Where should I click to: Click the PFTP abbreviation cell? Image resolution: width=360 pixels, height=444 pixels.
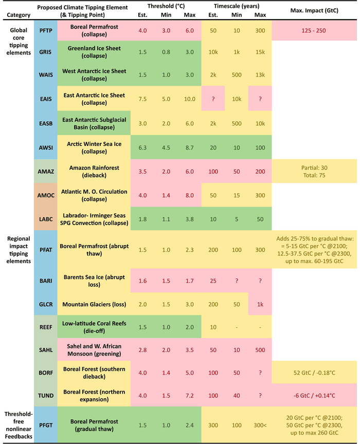tap(45, 31)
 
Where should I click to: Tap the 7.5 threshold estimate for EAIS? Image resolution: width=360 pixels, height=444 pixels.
tap(142, 99)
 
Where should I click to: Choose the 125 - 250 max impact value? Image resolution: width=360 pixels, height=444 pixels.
tap(313, 31)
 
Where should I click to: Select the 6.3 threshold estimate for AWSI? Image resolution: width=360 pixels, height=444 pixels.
tap(142, 146)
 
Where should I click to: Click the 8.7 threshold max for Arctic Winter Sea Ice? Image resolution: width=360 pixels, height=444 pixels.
tap(189, 146)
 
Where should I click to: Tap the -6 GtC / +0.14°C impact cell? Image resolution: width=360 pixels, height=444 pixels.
tap(313, 395)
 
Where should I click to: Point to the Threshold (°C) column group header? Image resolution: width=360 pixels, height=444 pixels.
tap(166, 6)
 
